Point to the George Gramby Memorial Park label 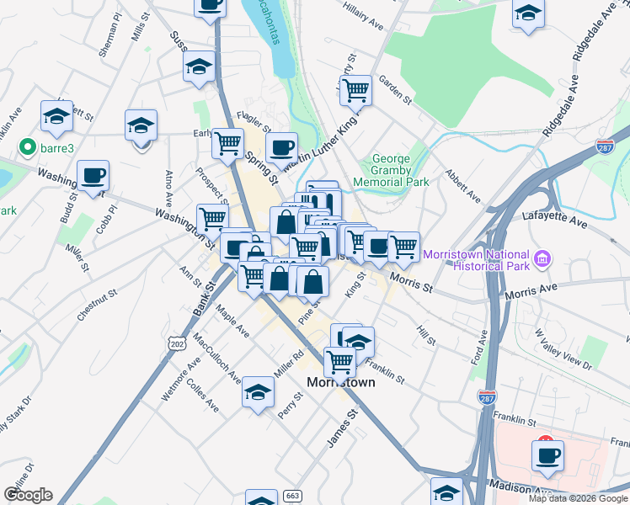pos(391,170)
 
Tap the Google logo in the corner pos(28,495)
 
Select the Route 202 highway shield pos(176,344)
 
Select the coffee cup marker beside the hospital pos(547,455)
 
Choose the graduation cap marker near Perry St pos(258,391)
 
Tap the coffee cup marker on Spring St pos(281,146)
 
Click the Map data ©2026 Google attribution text pos(578,498)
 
